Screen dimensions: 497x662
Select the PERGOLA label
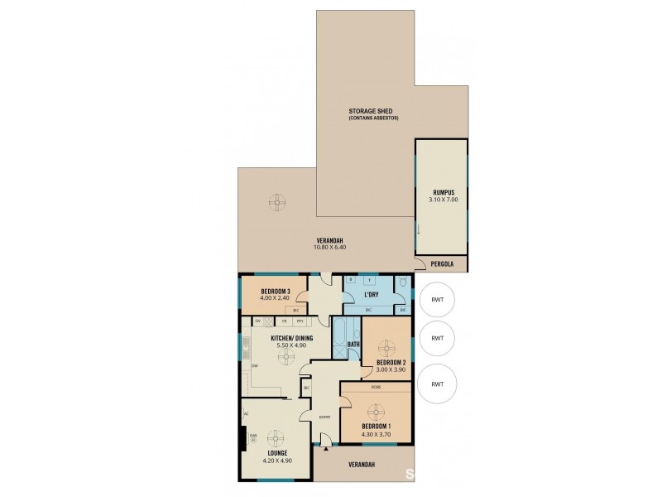441,264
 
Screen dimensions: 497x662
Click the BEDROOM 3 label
276,291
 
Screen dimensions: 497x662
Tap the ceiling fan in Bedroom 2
386,340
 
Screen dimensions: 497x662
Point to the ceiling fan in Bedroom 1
377,411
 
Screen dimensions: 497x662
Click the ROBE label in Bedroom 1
376,386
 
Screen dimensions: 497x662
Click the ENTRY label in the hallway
325,417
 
